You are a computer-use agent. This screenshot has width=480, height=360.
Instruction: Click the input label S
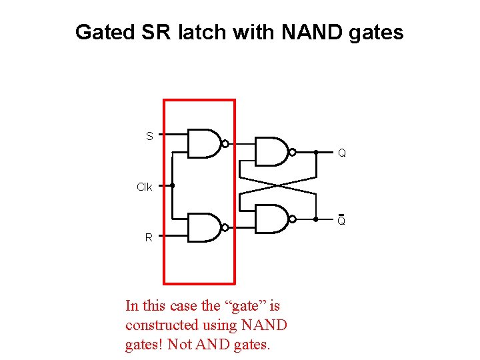coord(149,136)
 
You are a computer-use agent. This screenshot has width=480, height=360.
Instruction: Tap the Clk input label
coord(144,187)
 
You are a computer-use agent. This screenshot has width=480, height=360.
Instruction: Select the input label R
coord(149,237)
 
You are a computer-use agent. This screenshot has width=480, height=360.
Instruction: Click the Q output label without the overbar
coord(341,153)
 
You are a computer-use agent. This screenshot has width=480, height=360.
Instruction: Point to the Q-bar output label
coord(341,221)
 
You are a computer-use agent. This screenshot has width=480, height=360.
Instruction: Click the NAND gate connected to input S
coord(204,143)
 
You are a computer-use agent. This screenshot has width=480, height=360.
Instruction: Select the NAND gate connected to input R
coord(204,227)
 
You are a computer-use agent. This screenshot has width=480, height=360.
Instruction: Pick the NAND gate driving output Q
coord(272,152)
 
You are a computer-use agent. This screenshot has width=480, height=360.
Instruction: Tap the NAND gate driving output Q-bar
coord(272,219)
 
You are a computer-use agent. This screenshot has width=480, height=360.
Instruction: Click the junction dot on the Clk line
coord(173,185)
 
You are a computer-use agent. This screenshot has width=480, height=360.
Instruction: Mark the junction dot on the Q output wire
coord(315,152)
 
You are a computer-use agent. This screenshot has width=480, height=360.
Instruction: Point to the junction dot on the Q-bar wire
coord(315,219)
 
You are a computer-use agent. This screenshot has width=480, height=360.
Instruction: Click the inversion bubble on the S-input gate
coord(225,143)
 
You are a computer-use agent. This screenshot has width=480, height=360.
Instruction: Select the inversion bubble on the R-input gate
coord(225,227)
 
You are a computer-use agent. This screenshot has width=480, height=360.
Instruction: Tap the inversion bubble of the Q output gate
coord(293,152)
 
